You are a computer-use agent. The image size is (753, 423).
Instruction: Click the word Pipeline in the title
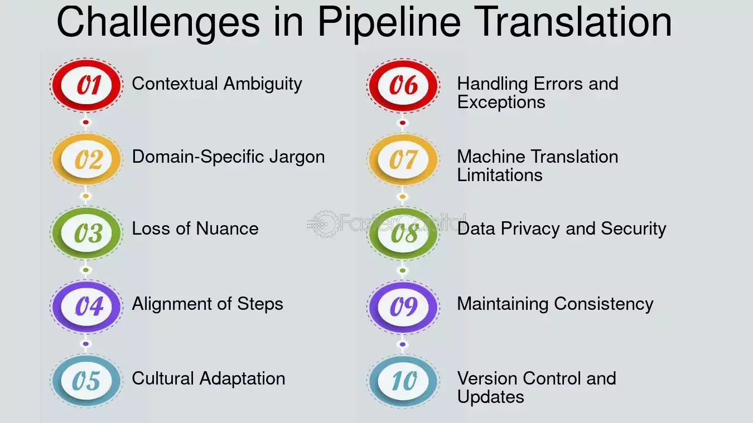click(389, 22)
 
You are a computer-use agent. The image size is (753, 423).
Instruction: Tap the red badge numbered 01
click(86, 85)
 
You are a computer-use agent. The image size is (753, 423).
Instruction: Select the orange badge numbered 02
click(86, 159)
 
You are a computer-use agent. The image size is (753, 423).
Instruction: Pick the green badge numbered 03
click(86, 233)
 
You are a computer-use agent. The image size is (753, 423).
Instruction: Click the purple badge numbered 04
click(86, 307)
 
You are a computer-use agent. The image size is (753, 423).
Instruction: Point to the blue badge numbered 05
click(86, 381)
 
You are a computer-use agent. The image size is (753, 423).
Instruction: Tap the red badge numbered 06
click(403, 85)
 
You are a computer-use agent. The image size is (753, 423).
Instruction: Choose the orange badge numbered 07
click(403, 159)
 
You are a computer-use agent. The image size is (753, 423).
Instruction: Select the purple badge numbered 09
click(403, 307)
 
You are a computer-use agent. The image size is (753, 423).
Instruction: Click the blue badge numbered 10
click(403, 381)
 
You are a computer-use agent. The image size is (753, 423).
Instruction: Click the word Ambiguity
click(263, 84)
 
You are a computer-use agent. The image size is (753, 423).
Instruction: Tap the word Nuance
click(227, 228)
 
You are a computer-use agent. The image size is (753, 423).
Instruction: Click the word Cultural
click(163, 378)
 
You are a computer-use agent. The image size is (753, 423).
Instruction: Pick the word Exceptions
click(501, 102)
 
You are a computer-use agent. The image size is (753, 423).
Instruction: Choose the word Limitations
click(500, 175)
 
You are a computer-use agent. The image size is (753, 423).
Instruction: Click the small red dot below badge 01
click(86, 122)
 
